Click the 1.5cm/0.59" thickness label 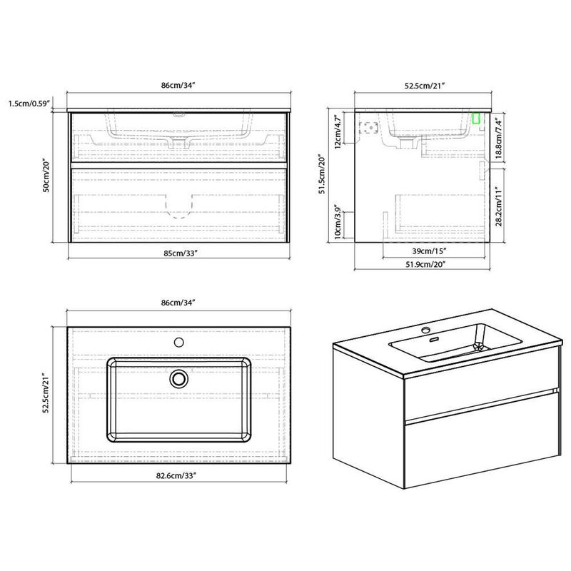pyautogui.click(x=29, y=103)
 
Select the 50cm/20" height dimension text pyautogui.click(x=46, y=176)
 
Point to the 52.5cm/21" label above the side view pyautogui.click(x=425, y=86)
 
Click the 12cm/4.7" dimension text pyautogui.click(x=338, y=132)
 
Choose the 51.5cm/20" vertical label pyautogui.click(x=322, y=174)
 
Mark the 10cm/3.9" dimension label pyautogui.click(x=338, y=222)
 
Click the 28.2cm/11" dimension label pyautogui.click(x=498, y=206)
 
